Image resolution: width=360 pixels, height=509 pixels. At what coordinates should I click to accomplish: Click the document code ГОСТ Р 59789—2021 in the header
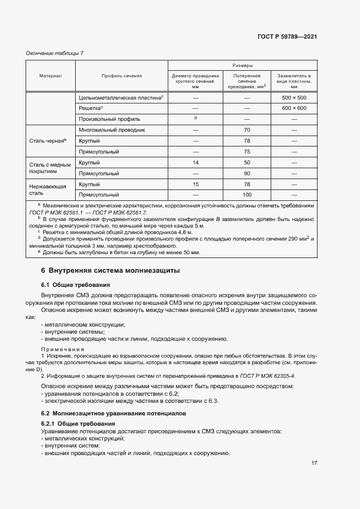pos(286,37)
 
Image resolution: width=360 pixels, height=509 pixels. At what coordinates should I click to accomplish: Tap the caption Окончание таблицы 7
pos(55,53)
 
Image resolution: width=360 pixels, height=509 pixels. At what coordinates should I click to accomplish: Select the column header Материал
pos(50,76)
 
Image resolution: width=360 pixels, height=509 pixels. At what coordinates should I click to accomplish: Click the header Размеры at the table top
pos(242,65)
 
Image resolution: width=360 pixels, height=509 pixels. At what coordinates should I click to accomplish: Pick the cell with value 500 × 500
pos(294,97)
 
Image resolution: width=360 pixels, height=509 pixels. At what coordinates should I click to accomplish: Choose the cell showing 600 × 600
pos(294,108)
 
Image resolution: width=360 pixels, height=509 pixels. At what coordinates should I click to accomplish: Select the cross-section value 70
pos(247,130)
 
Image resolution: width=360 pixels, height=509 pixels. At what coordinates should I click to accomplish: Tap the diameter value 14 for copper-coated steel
pos(196,163)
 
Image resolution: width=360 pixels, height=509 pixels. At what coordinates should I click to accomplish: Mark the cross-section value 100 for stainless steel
pos(247,194)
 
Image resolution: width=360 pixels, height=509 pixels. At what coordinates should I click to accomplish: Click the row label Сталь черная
pos(47,140)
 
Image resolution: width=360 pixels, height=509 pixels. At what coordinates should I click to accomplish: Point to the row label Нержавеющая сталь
pos(47,189)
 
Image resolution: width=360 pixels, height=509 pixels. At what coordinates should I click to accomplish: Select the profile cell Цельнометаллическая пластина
pos(121,97)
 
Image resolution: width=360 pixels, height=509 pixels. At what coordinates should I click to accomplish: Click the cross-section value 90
pos(247,173)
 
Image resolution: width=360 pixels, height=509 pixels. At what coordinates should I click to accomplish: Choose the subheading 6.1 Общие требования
pos(76,285)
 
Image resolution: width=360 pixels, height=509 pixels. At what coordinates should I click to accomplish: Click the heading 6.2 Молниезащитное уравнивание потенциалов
pos(113,413)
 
